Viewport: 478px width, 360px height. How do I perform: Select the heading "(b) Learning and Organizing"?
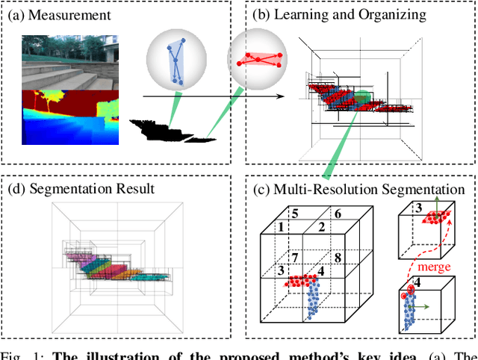(339, 14)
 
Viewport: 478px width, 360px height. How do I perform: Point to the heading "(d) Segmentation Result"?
(80, 188)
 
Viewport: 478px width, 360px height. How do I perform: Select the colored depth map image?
(69, 117)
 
